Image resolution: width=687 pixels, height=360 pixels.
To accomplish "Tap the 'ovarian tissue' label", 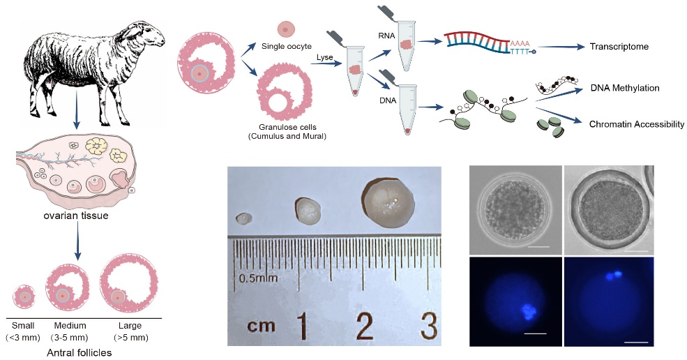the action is [76, 216].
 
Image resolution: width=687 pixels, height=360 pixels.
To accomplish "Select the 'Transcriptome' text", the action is [619, 47].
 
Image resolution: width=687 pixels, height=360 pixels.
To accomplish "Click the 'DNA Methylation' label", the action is [625, 88].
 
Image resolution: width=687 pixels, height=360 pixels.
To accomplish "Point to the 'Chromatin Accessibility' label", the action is [637, 124].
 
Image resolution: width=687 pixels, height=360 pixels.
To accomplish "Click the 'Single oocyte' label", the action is [287, 46].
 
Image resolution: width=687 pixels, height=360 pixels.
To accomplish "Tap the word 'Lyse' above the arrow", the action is [324, 57].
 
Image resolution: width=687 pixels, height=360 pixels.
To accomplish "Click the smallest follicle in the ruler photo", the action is [243, 218].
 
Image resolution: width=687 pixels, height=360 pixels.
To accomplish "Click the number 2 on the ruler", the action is [365, 325].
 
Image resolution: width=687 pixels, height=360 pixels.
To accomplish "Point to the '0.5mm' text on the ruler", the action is [258, 278].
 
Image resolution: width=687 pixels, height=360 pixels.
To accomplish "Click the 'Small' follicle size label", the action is [23, 325].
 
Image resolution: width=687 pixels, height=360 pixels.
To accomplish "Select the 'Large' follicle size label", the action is [130, 325].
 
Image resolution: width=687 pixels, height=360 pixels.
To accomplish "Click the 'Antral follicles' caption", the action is [80, 352].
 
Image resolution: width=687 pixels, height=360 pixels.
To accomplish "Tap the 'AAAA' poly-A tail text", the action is [520, 43].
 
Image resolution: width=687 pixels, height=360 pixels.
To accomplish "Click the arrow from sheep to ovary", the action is [77, 107].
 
